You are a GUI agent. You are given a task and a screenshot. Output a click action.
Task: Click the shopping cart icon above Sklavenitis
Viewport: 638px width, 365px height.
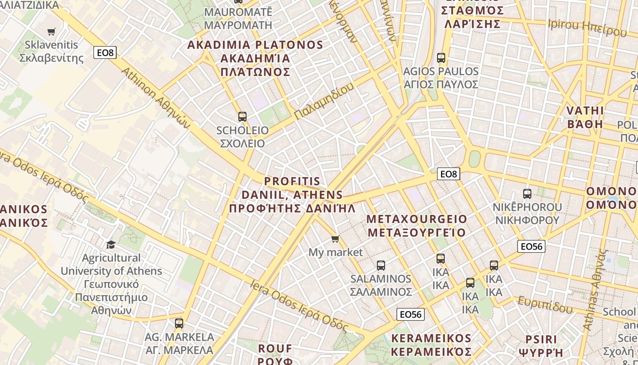pos(51,31)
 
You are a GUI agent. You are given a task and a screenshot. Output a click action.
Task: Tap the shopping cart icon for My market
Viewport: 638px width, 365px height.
pos(335,239)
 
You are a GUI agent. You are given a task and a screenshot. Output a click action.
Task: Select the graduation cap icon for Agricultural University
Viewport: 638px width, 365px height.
pos(111,245)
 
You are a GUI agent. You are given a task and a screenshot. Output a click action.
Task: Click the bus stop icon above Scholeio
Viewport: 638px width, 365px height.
pos(242,117)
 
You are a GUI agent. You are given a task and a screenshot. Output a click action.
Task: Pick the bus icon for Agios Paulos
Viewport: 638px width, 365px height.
pos(441,58)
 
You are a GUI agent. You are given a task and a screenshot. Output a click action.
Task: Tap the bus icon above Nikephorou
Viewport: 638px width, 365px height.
pos(527,194)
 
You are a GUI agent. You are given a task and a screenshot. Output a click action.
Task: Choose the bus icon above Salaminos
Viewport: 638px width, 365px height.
pos(381,266)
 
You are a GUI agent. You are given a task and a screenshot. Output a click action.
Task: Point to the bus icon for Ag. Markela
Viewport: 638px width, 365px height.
pos(179,323)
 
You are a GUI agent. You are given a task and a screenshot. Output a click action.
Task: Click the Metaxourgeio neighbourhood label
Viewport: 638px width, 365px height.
pos(417,226)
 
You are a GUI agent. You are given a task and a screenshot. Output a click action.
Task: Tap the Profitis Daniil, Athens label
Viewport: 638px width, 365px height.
pos(292,195)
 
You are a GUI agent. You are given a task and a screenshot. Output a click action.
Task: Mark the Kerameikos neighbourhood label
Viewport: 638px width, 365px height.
pos(431,345)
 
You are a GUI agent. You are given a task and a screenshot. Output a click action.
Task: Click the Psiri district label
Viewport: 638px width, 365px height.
pos(541,346)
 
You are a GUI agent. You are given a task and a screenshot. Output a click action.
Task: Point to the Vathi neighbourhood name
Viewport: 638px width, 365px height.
pos(585,118)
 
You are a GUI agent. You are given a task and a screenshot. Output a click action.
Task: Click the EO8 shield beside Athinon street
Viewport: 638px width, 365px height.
pos(105,52)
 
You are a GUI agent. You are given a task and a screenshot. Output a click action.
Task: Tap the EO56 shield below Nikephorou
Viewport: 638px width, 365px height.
pos(531,246)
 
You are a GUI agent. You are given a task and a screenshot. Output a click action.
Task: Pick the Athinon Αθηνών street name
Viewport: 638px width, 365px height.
pos(155,98)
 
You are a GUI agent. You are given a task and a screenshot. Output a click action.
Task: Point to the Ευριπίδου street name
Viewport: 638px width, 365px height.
pos(545,305)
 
